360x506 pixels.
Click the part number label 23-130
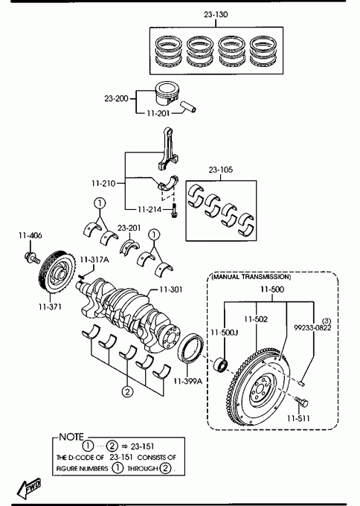216,15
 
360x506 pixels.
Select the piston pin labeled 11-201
189,107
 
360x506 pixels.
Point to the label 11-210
103,183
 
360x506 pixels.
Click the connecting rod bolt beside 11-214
175,211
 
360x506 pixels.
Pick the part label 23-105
221,170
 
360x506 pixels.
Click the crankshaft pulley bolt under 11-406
32,257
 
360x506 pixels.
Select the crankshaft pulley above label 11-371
57,272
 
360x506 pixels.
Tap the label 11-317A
94,260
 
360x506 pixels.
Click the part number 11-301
170,289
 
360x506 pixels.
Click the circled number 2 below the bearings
127,391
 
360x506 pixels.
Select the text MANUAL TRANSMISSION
251,277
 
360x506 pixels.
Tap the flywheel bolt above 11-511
301,402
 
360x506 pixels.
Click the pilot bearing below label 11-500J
221,364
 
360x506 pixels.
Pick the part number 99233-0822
312,327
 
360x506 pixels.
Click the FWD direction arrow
29,487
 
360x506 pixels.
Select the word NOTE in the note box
71,437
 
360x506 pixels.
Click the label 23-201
129,228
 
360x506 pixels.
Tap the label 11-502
256,319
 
